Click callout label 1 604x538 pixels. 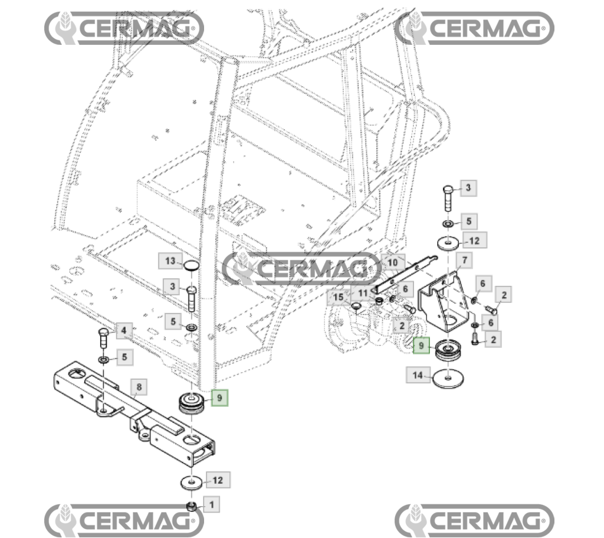coord(212,504)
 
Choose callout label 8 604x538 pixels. coord(139,387)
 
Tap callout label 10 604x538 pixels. coord(392,260)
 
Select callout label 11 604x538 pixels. coord(363,292)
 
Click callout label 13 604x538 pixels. coord(169,260)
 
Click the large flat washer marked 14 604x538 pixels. coord(449,377)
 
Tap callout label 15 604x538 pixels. coord(339,296)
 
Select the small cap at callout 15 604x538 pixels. coord(356,305)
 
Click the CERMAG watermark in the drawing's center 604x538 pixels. coord(302,269)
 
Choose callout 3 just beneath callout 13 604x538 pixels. coord(173,288)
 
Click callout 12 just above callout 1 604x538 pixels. coord(218,480)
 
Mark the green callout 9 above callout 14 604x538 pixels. coord(421,344)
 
